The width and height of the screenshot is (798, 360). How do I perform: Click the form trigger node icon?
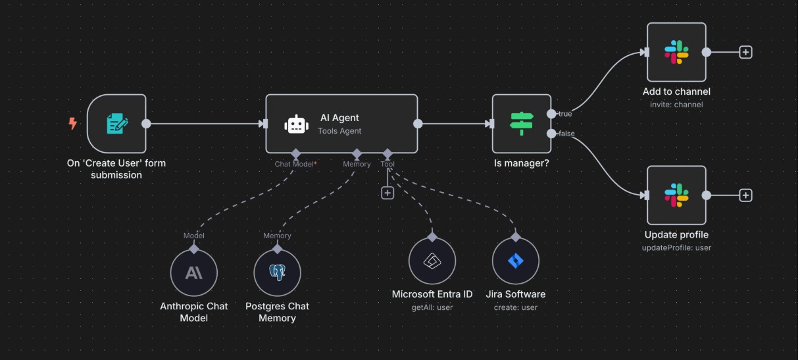click(116, 123)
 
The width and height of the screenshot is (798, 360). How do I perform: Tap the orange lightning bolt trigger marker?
click(73, 123)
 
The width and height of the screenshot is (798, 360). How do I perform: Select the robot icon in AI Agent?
click(296, 124)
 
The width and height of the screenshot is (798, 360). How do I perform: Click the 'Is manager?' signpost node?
click(522, 123)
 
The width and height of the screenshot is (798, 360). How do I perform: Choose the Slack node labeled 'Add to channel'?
click(676, 52)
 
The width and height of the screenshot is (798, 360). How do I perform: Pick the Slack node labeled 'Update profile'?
click(676, 195)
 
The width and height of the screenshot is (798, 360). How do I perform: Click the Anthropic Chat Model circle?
click(193, 272)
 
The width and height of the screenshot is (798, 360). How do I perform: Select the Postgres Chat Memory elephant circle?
click(277, 272)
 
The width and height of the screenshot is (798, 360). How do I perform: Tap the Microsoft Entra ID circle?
click(432, 261)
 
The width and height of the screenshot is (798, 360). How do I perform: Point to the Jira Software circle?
click(515, 261)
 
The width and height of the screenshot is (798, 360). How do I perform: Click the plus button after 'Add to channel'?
click(745, 52)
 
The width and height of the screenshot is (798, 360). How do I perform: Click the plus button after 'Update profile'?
click(745, 195)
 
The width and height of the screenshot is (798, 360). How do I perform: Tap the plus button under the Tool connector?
click(387, 193)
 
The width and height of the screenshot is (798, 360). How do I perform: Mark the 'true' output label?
click(565, 114)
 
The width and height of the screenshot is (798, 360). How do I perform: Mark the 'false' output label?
click(566, 134)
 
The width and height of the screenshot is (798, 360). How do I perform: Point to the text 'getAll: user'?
click(432, 307)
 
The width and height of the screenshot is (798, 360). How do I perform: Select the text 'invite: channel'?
click(676, 105)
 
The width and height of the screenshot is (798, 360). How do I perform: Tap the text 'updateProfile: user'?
click(676, 247)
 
